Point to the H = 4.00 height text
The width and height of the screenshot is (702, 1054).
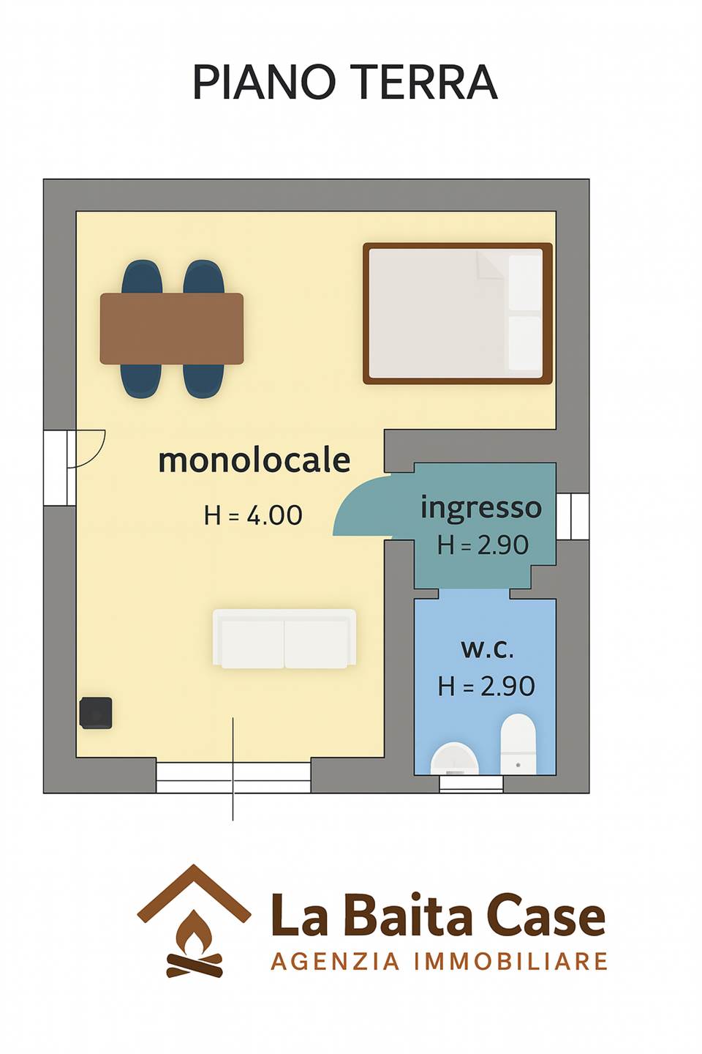pyautogui.click(x=253, y=515)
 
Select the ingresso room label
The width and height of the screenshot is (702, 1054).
pyautogui.click(x=481, y=509)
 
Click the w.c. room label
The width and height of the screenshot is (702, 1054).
pyautogui.click(x=487, y=649)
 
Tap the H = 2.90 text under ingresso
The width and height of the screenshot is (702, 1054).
pyautogui.click(x=483, y=545)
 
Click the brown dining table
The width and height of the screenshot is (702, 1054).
pyautogui.click(x=172, y=329)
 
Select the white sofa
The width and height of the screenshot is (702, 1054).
pyautogui.click(x=284, y=638)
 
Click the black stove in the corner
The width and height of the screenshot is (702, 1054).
pyautogui.click(x=96, y=713)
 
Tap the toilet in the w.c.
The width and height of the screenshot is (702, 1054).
pyautogui.click(x=518, y=743)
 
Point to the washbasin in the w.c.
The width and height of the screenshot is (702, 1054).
pyautogui.click(x=454, y=758)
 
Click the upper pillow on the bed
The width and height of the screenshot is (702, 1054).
pyautogui.click(x=525, y=283)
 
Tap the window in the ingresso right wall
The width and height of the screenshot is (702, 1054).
pyautogui.click(x=573, y=516)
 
